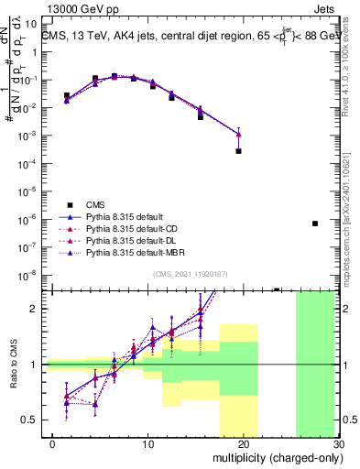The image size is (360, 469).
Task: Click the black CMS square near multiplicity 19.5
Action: [x=238, y=151]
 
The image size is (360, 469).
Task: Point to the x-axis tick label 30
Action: [x=336, y=444]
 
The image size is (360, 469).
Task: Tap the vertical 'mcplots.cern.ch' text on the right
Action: [x=352, y=238]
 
